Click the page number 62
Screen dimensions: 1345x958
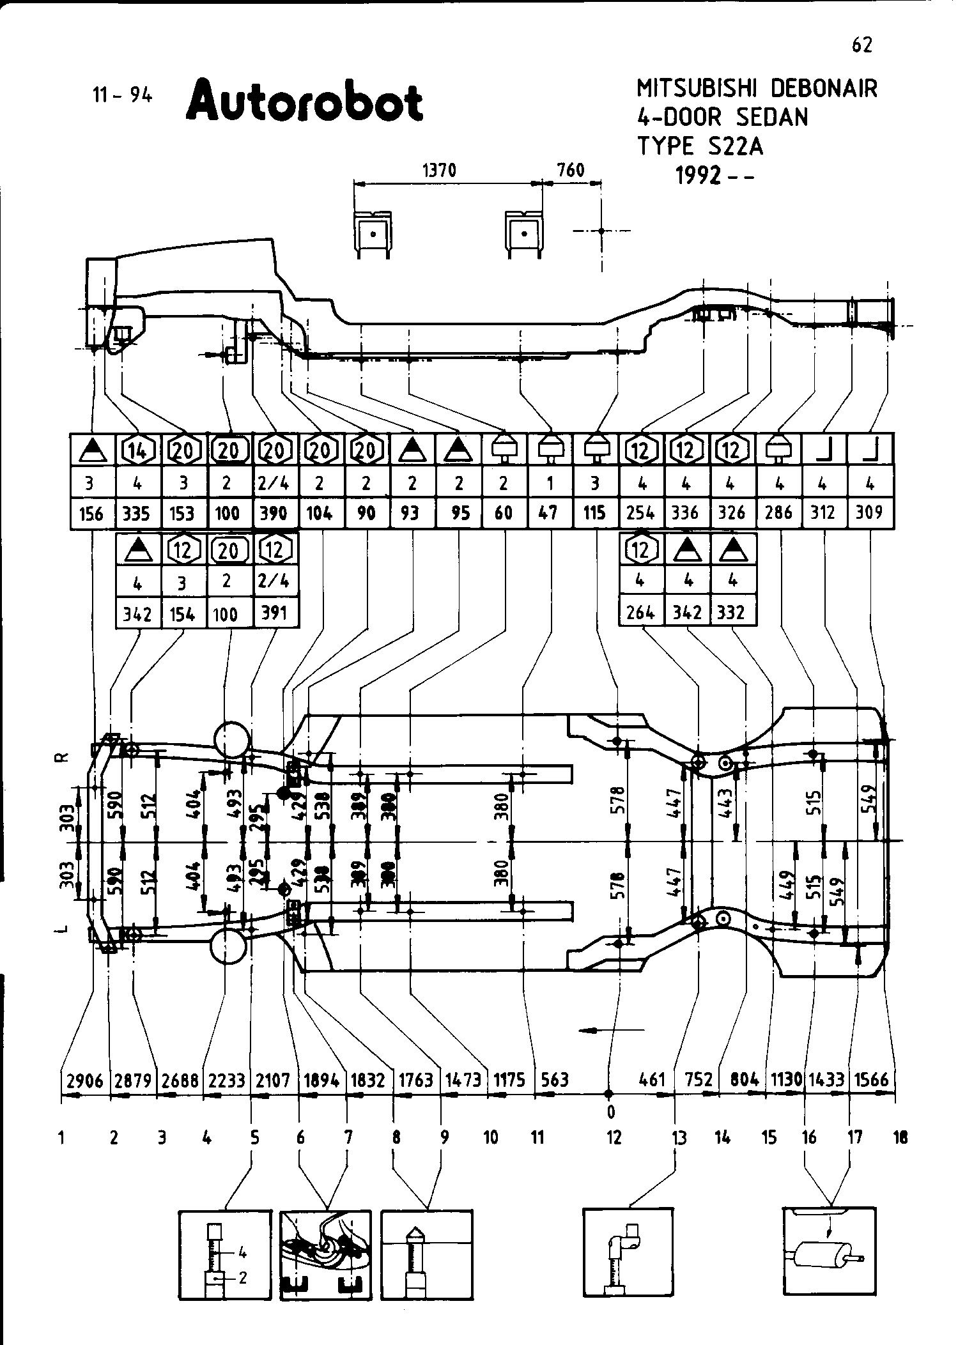(861, 45)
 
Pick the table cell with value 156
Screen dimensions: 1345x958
(91, 514)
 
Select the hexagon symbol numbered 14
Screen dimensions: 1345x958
(137, 450)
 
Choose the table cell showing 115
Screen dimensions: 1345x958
(594, 513)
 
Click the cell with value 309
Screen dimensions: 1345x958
(869, 513)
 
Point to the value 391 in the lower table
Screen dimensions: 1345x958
(275, 613)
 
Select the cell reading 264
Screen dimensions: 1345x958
(640, 613)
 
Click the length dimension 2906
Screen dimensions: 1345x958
(85, 1080)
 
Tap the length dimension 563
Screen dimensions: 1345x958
(554, 1080)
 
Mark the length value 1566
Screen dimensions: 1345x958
(871, 1080)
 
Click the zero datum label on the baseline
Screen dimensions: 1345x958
(610, 1112)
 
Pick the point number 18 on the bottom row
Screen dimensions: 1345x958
(900, 1137)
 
